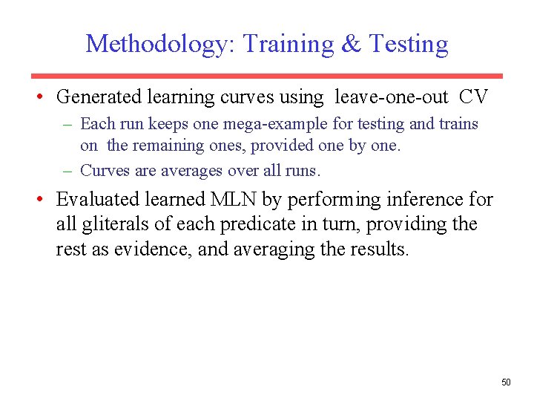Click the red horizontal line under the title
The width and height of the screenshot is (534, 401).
click(x=266, y=76)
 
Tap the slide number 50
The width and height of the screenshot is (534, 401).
click(x=506, y=382)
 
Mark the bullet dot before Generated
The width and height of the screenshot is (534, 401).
click(x=44, y=98)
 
